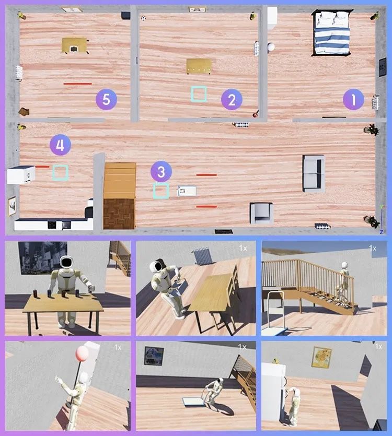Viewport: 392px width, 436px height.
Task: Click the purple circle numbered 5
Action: (x=106, y=100)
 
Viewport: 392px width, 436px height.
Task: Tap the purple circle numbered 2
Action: (x=232, y=100)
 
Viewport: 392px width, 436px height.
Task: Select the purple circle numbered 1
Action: (x=353, y=100)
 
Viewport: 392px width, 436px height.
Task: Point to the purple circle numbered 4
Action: (x=60, y=145)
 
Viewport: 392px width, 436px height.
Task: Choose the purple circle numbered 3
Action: (x=161, y=172)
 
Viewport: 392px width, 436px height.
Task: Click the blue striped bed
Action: (x=332, y=33)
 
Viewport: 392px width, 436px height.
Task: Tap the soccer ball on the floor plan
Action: (x=143, y=18)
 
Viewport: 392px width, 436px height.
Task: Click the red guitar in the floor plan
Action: (x=256, y=113)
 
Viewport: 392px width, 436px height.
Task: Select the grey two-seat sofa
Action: (x=314, y=173)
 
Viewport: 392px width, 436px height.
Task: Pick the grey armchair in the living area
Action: (x=261, y=213)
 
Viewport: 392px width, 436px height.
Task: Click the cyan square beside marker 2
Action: (x=199, y=94)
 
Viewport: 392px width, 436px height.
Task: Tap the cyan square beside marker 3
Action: (x=161, y=191)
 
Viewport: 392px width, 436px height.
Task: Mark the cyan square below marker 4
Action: (x=61, y=173)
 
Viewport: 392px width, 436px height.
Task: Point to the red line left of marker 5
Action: (x=78, y=84)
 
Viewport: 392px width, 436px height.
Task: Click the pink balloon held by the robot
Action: (x=82, y=353)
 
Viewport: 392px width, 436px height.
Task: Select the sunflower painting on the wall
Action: (x=321, y=357)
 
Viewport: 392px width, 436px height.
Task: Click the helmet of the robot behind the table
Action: (x=66, y=262)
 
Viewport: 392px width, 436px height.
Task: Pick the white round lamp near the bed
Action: (x=271, y=46)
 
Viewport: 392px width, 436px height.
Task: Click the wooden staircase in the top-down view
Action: (x=120, y=196)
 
